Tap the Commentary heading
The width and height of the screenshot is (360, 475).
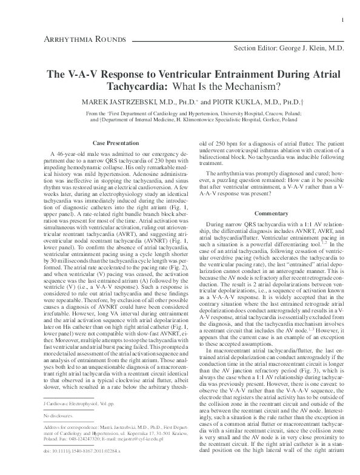point(270,214)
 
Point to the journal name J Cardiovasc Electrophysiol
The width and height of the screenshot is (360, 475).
point(68,420)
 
